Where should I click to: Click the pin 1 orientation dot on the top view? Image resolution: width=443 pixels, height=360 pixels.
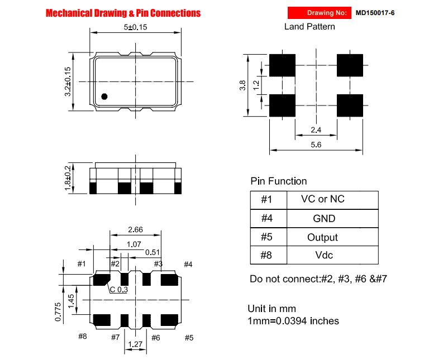point(104,97)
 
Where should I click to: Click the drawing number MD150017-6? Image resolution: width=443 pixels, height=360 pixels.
point(375,13)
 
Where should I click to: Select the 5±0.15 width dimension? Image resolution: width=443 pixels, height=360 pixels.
point(136,27)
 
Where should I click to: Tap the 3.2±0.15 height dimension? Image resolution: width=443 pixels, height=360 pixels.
point(68,81)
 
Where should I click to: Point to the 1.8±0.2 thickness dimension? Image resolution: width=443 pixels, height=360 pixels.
point(68,178)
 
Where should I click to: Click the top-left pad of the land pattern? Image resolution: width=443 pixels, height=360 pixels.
point(282,65)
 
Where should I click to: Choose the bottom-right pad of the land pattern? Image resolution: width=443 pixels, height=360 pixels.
point(350,105)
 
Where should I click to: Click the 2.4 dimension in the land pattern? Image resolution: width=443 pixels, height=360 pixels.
point(316,130)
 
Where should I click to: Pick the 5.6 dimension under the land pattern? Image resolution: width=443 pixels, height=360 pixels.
point(316,145)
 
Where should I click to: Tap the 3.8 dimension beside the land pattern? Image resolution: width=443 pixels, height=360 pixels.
point(242,85)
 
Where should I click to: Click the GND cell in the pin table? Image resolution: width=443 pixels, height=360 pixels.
point(324,219)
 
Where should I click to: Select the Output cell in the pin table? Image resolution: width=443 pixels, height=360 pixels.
point(322,237)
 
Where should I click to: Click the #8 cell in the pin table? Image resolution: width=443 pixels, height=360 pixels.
point(266,255)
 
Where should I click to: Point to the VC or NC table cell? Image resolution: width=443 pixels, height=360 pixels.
point(323,199)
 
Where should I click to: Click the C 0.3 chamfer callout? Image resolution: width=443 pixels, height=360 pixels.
point(118,290)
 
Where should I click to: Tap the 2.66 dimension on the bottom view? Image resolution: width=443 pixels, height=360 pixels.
point(135,229)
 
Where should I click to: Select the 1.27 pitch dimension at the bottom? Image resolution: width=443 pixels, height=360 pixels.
point(135,344)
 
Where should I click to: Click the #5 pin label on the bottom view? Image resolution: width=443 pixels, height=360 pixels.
point(189,338)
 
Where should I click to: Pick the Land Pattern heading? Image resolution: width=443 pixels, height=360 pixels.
point(309,27)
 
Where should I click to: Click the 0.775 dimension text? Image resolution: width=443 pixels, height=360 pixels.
point(58,312)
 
